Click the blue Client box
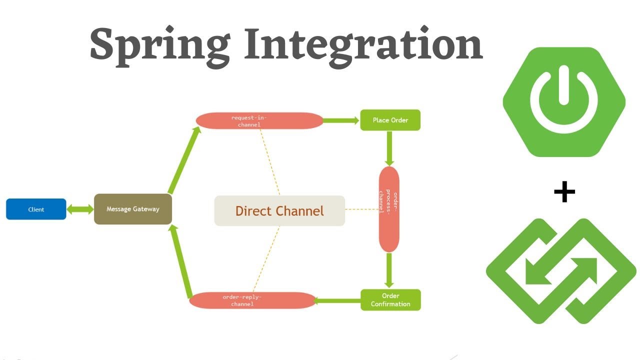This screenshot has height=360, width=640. tap(36, 209)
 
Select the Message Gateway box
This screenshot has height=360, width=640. tap(133, 209)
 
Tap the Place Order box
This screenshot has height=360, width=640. tap(390, 120)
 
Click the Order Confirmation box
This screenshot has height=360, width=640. tap(390, 299)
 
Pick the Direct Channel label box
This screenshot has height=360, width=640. tap(279, 210)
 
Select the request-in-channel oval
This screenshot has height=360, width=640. tap(259, 120)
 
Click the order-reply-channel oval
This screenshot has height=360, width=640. tap(252, 300)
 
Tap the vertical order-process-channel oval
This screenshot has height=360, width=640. tap(389, 209)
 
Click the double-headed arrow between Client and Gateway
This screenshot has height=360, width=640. tap(80, 209)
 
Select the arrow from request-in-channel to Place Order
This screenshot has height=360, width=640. tap(341, 120)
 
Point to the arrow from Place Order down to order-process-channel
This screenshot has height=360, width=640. tap(389, 148)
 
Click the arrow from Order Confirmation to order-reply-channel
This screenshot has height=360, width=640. tap(338, 300)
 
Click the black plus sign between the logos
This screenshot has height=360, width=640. tap(564, 192)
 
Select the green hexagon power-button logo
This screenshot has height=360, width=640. tap(564, 102)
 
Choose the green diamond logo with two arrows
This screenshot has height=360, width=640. tap(561, 271)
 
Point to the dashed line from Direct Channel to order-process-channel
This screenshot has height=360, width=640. tap(361, 209)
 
